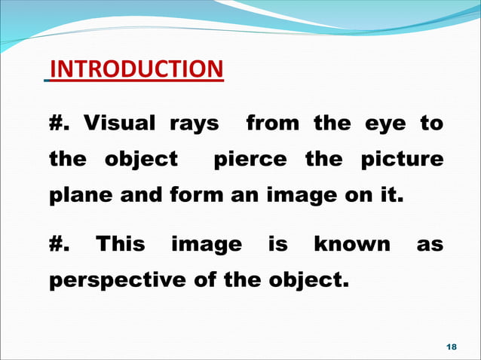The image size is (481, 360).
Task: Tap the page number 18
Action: click(452, 346)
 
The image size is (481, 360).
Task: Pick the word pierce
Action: click(251, 160)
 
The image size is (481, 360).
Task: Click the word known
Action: click(352, 245)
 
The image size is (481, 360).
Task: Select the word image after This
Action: click(207, 246)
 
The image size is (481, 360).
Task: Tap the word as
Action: click(429, 246)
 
